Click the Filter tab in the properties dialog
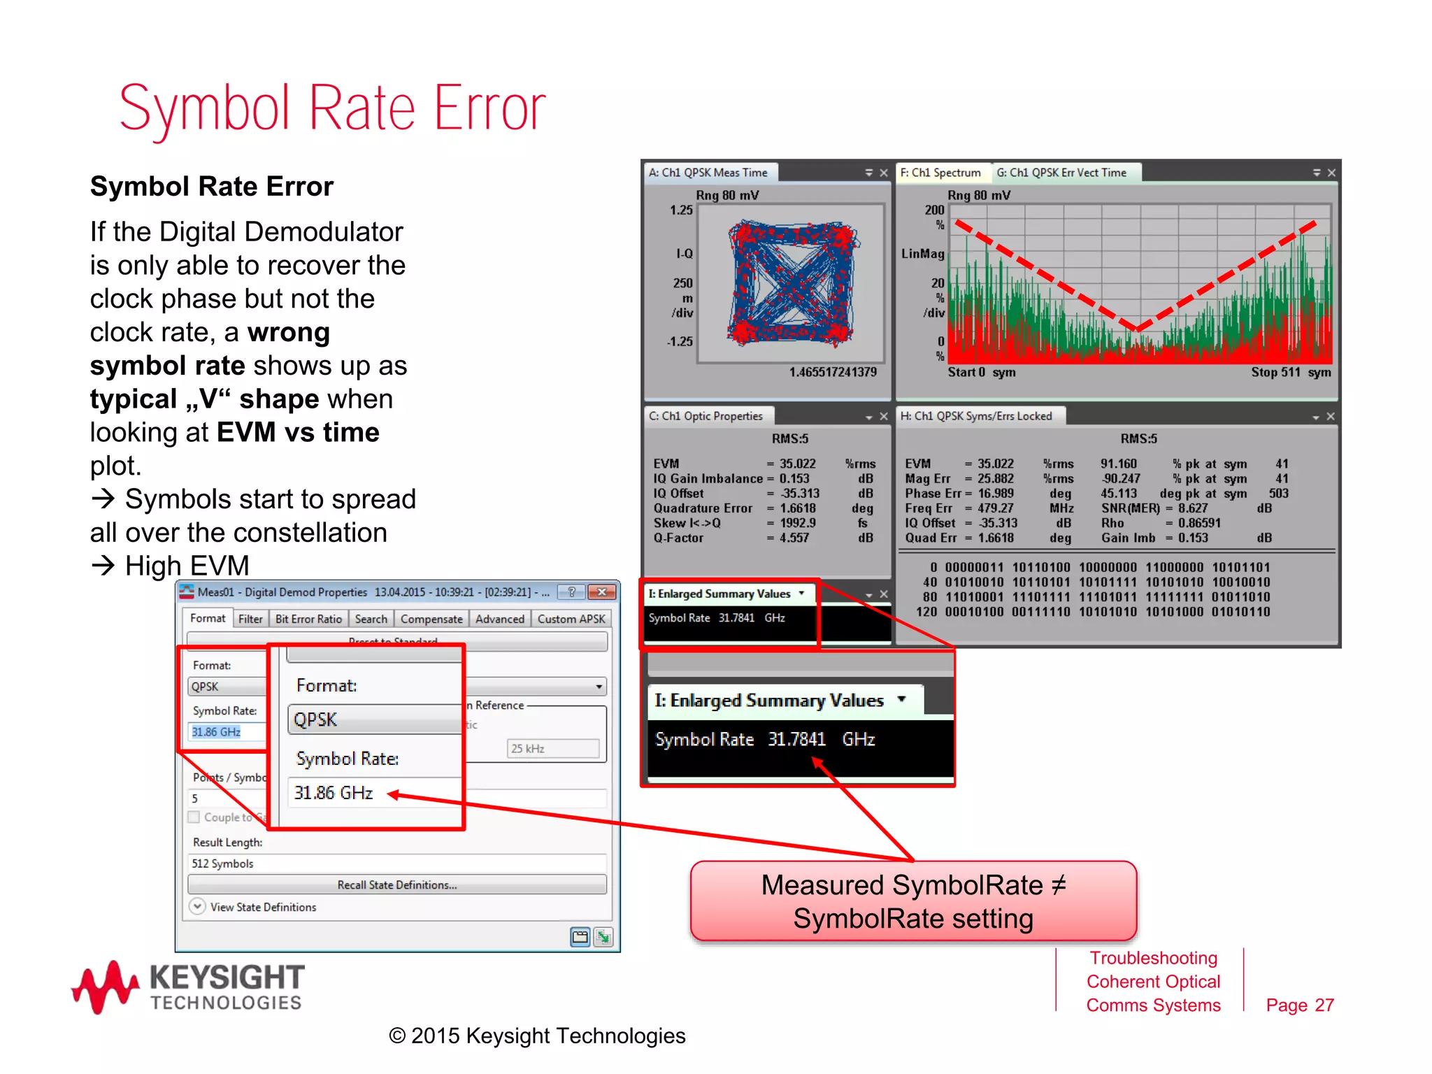250,619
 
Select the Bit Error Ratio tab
308,619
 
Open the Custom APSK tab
571,619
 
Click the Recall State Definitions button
396,885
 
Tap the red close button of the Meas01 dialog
601,592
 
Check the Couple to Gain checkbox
194,817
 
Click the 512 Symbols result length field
396,864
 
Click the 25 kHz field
552,748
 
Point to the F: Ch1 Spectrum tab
940,173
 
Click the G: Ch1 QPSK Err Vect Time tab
1061,173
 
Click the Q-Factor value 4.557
794,538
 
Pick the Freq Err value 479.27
996,508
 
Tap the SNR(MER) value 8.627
1193,508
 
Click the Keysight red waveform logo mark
105,986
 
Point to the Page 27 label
1300,1005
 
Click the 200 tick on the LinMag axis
934,210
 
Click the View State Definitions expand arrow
198,906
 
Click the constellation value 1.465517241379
833,372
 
